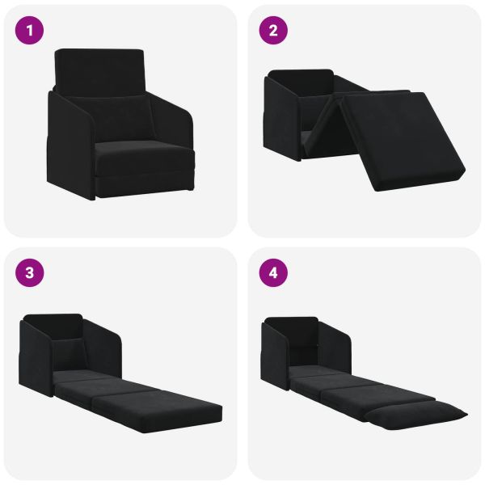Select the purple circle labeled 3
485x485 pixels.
pos(31,272)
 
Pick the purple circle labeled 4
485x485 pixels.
pos(273,272)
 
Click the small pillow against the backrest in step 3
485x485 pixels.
pos(69,352)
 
